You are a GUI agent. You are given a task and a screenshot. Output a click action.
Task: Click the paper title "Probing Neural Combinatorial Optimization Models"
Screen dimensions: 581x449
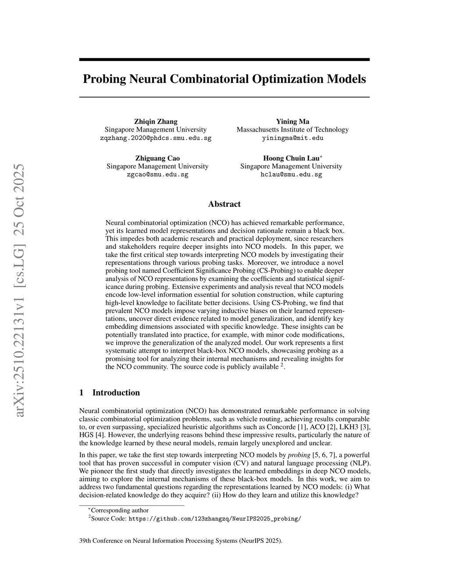pyautogui.click(x=224, y=79)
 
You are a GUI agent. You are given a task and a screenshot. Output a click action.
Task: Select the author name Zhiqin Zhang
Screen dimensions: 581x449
pyautogui.click(x=156, y=121)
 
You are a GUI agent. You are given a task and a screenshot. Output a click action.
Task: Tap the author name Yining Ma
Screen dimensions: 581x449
pyautogui.click(x=292, y=121)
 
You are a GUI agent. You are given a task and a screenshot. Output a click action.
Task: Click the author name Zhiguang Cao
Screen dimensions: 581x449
pyautogui.click(x=157, y=158)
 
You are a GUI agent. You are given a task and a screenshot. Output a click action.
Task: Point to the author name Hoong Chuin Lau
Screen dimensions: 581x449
pyautogui.click(x=291, y=158)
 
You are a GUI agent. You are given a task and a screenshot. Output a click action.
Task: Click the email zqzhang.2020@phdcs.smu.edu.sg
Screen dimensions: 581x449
pyautogui.click(x=156, y=138)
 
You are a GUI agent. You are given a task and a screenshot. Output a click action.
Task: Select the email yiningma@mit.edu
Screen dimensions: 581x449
pyautogui.click(x=292, y=138)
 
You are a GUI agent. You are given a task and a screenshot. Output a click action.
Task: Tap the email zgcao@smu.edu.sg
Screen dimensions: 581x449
pyautogui.click(x=157, y=175)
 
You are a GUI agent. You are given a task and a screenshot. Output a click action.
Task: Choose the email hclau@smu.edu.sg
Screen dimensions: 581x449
pyautogui.click(x=291, y=175)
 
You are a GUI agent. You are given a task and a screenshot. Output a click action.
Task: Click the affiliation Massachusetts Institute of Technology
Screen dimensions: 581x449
pyautogui.click(x=292, y=130)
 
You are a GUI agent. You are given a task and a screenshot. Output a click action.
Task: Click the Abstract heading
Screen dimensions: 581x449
pyautogui.click(x=224, y=204)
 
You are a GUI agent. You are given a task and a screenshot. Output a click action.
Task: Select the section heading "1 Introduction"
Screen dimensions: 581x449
pyautogui.click(x=110, y=392)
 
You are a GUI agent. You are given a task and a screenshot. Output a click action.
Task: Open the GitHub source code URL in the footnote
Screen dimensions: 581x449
pyautogui.click(x=214, y=519)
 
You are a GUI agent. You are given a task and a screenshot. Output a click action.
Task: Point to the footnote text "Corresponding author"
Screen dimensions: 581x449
pyautogui.click(x=120, y=510)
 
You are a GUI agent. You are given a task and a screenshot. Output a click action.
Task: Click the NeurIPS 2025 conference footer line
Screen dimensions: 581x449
pyautogui.click(x=181, y=541)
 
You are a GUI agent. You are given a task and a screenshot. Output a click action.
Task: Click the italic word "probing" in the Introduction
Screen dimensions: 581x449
pyautogui.click(x=299, y=455)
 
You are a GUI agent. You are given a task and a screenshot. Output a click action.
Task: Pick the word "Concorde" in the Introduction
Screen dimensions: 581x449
pyautogui.click(x=281, y=427)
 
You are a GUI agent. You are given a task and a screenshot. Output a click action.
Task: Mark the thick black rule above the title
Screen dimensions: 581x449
pyautogui.click(x=224, y=59)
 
